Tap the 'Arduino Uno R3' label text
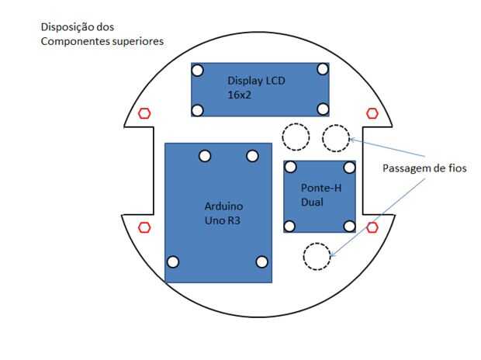click(223, 213)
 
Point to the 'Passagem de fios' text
click(424, 168)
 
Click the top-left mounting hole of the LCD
click(198, 70)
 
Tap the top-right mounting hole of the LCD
click(323, 69)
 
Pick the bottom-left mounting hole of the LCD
click(198, 110)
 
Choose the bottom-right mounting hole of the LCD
click(323, 109)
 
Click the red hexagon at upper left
click(144, 113)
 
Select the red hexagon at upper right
click(372, 113)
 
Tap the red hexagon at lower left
click(144, 227)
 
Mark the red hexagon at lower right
click(372, 227)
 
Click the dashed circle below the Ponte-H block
click(317, 256)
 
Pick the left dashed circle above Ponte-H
click(296, 137)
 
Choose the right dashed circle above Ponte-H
click(336, 137)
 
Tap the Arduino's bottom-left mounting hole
click(173, 261)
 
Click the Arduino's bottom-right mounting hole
click(262, 261)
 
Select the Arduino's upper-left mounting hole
click(205, 156)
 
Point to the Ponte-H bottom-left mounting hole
click(290, 226)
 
